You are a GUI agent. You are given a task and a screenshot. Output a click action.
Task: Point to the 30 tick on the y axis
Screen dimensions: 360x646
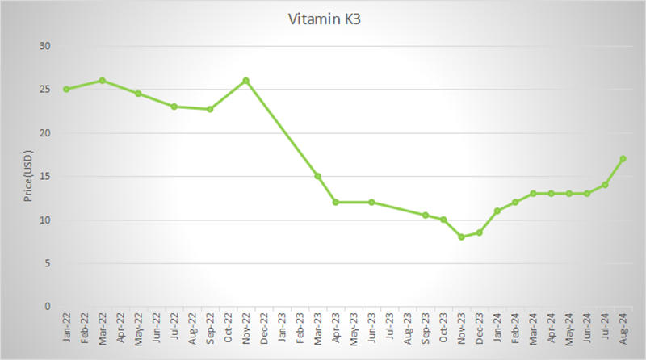[45, 46]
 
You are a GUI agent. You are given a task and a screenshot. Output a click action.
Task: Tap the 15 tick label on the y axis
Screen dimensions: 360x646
[45, 176]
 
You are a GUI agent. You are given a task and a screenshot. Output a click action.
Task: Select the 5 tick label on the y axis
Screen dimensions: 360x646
[47, 263]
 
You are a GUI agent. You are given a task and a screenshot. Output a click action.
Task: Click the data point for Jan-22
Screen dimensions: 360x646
[66, 89]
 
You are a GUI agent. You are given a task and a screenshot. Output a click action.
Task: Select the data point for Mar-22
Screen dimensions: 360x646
[102, 81]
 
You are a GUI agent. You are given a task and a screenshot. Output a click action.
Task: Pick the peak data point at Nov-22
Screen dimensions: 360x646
[245, 81]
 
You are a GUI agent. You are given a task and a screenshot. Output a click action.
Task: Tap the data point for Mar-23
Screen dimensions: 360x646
[317, 176]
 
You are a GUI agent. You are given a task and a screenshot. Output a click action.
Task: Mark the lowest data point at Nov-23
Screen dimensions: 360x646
[461, 237]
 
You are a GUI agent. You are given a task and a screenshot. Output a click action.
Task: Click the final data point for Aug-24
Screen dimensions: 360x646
[623, 158]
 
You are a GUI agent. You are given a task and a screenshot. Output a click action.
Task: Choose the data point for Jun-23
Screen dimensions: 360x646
[371, 202]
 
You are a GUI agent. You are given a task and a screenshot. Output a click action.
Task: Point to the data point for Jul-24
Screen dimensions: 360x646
[605, 185]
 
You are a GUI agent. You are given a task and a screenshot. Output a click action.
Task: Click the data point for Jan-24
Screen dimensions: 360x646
[497, 211]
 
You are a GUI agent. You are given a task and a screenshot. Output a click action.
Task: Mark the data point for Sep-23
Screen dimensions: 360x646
[426, 215]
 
